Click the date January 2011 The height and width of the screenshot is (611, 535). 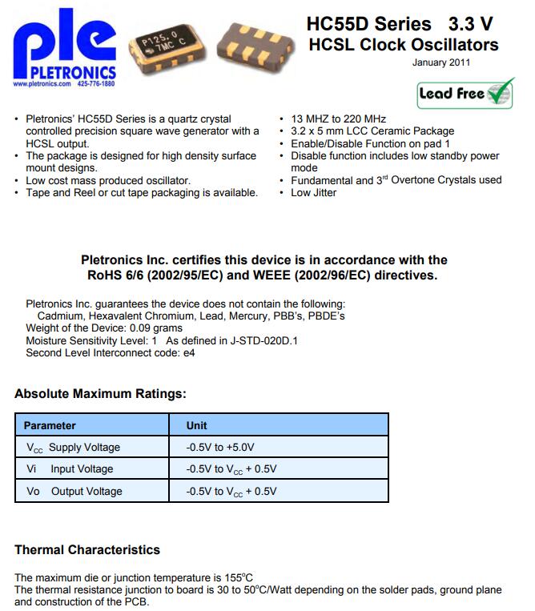[441, 62]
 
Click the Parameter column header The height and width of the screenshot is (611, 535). [50, 426]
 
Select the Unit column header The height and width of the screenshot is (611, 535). [197, 426]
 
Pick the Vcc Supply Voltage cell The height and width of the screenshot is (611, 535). [72, 448]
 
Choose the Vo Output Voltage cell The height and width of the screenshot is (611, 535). [74, 491]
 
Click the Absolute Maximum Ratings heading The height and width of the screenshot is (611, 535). [100, 394]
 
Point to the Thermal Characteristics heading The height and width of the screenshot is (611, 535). [87, 550]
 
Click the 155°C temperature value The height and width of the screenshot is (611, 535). [239, 577]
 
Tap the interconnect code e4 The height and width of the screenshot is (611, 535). [188, 352]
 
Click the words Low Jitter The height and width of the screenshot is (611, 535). [314, 192]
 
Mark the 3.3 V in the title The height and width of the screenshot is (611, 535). [471, 24]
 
